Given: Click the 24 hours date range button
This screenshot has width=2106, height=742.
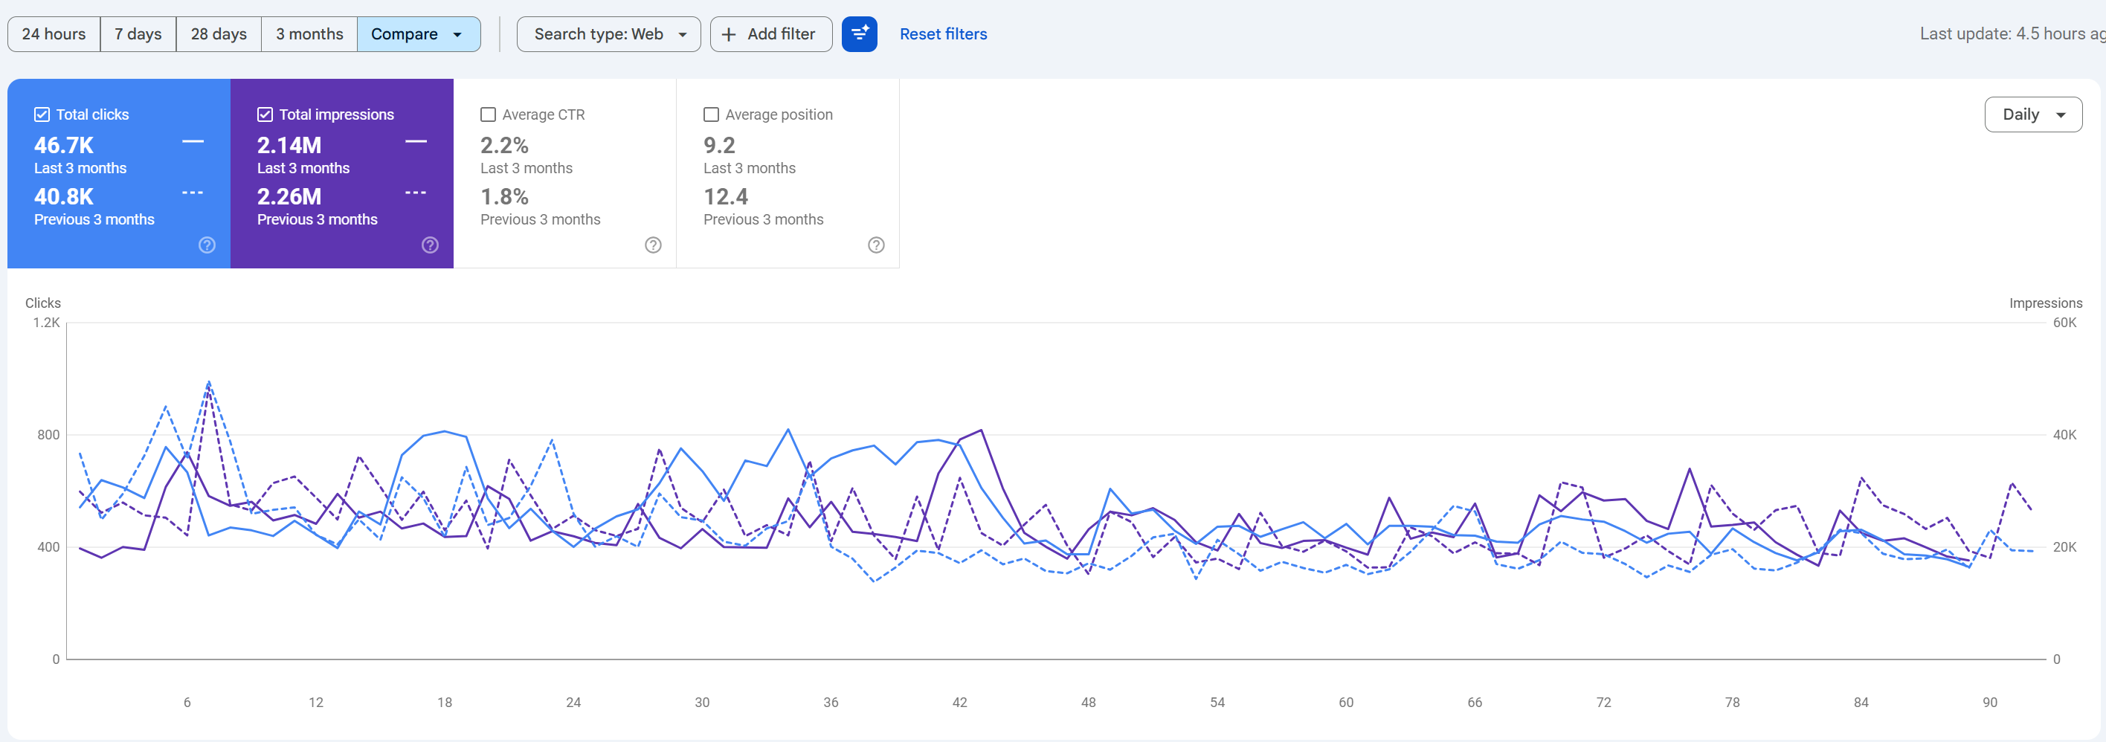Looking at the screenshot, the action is tap(54, 34).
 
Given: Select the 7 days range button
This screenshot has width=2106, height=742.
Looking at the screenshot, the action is tap(138, 34).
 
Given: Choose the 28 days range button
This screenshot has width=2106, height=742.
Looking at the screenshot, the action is tap(219, 34).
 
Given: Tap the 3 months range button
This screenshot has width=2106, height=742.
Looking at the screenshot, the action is tap(309, 34).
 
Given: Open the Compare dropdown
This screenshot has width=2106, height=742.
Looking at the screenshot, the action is tap(419, 34).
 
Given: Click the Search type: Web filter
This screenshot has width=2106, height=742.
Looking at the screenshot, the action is tap(609, 34).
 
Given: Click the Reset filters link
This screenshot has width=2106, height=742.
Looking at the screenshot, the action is tap(944, 34).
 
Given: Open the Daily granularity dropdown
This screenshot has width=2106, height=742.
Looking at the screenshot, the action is tap(2033, 114).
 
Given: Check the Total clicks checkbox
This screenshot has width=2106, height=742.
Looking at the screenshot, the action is tap(42, 114).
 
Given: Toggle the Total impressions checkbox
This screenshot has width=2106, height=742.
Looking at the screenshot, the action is tap(265, 114).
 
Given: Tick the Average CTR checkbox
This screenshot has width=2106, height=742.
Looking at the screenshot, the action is tap(488, 114).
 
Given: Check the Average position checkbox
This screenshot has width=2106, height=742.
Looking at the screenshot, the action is tap(711, 114).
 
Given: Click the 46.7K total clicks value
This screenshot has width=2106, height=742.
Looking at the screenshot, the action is tap(64, 146).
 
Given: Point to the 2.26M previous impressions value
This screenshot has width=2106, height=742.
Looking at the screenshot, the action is tap(289, 197).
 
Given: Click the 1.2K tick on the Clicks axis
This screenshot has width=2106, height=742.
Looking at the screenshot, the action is tap(47, 323).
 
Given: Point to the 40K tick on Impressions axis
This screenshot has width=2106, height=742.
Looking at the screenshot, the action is tap(2065, 435).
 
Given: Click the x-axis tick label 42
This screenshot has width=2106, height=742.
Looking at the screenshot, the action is tap(960, 702).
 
